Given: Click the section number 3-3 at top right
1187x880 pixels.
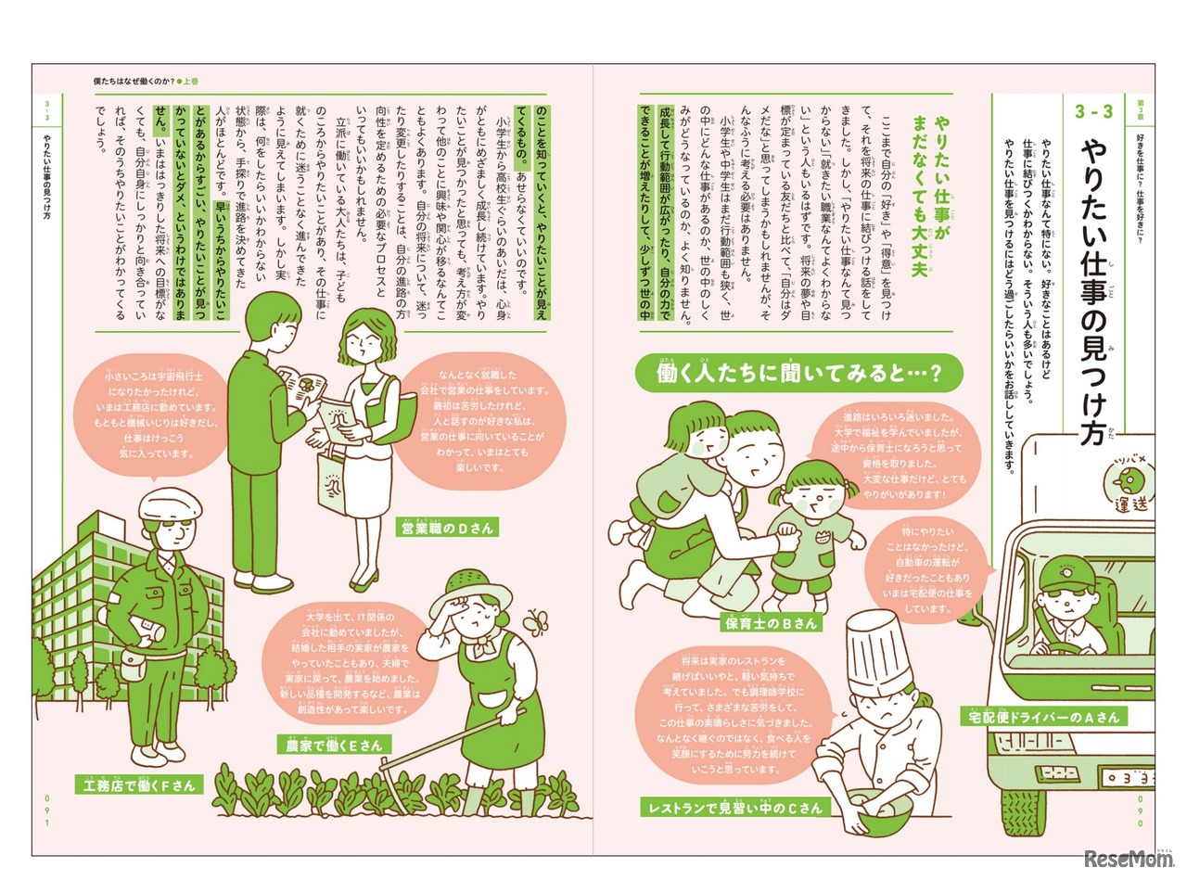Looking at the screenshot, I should click(1093, 112).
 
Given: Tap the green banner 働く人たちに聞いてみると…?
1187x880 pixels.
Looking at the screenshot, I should click(798, 373).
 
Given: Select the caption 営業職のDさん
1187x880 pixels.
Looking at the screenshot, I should click(447, 528).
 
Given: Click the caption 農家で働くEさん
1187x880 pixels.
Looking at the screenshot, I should click(334, 745).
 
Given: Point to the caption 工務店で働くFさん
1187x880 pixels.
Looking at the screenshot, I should click(138, 785).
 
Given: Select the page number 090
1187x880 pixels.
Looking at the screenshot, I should click(1140, 810).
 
